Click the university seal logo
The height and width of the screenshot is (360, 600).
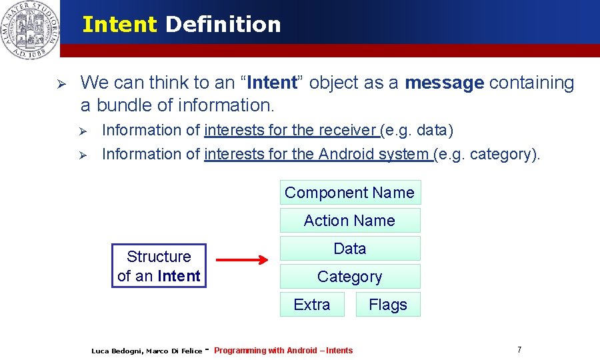tap(29, 30)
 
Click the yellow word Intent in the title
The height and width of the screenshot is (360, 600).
tap(119, 25)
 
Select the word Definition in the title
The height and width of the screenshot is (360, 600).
tap(223, 25)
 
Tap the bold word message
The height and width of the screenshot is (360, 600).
tap(444, 83)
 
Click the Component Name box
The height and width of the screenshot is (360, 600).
tap(350, 193)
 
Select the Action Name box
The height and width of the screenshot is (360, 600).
tap(350, 221)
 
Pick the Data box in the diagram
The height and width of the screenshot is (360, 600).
tap(350, 249)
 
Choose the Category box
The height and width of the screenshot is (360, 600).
tap(350, 277)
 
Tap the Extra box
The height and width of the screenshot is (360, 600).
tap(312, 305)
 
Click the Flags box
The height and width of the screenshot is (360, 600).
tap(388, 305)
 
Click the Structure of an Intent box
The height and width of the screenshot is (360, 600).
tap(159, 266)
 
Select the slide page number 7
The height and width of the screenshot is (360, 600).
tap(519, 350)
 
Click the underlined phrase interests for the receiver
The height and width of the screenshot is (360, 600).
tap(291, 130)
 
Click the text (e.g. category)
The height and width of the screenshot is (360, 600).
tap(487, 154)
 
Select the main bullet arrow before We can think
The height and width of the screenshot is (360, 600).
tap(59, 84)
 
